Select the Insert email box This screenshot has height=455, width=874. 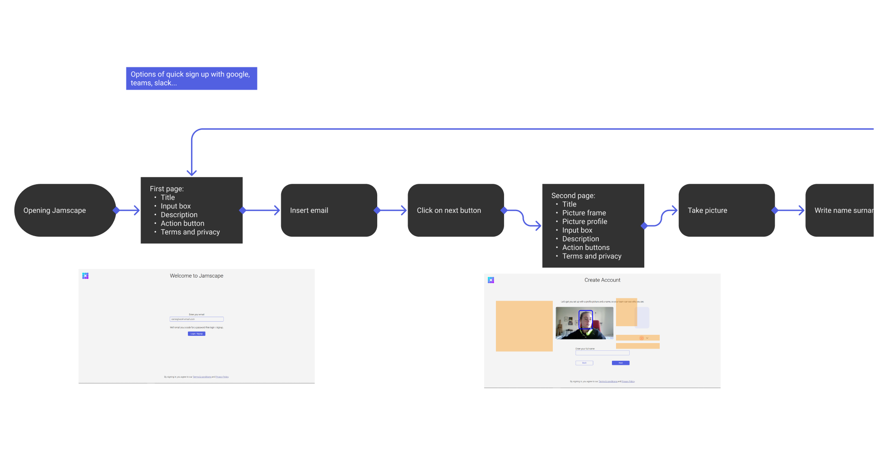tap(328, 210)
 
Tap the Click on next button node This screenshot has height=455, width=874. tap(455, 210)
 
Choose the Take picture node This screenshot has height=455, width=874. tap(726, 210)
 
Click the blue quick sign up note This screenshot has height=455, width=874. tap(192, 78)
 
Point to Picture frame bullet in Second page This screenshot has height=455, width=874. tap(584, 213)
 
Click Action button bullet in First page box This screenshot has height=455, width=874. tap(182, 223)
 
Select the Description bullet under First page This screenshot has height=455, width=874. tap(179, 215)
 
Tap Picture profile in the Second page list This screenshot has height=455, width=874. tap(585, 222)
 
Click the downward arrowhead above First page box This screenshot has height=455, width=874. tap(192, 172)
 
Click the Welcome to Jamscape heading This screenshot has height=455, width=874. tap(197, 276)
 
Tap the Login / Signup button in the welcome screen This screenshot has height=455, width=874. tap(197, 334)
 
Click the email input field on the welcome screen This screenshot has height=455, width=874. tap(197, 319)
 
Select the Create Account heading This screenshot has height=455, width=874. tap(602, 280)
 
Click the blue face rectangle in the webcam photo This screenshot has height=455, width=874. tap(586, 319)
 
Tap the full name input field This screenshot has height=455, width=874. tap(602, 353)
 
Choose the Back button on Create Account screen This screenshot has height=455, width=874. tap(584, 363)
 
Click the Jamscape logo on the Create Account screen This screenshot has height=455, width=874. tap(491, 280)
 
